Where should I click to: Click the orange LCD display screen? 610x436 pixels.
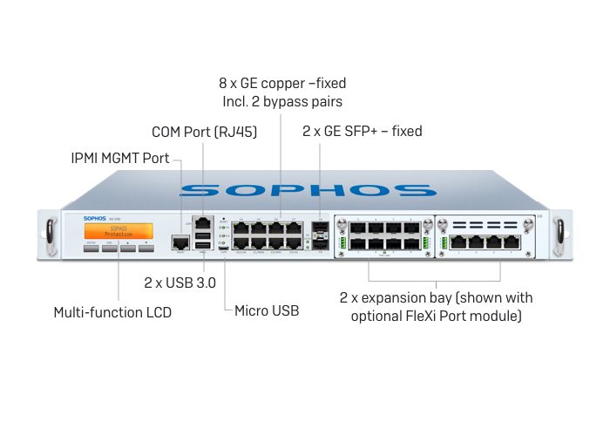click(118, 231)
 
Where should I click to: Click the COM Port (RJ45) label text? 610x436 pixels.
click(206, 133)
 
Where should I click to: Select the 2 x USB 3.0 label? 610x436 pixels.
click(180, 283)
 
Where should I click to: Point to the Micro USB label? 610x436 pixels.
click(267, 310)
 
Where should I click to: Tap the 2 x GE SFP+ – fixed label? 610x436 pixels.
click(362, 132)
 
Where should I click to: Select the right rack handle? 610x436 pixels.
click(563, 234)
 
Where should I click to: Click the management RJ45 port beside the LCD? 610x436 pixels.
click(180, 242)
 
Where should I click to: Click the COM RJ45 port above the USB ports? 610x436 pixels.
click(203, 221)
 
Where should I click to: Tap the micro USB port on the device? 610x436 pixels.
click(224, 249)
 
